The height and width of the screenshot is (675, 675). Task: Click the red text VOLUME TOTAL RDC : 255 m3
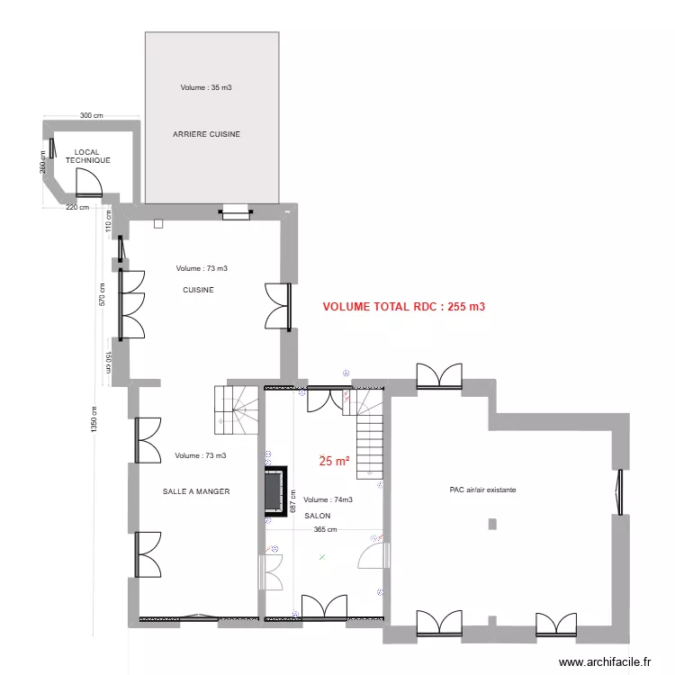[x=404, y=307]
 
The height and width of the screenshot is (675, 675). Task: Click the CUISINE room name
[x=198, y=290]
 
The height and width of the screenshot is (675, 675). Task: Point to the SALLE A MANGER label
[x=196, y=491]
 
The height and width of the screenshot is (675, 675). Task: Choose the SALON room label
[x=317, y=516]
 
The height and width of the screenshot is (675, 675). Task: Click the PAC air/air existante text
[x=483, y=490]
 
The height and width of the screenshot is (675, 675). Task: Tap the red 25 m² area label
[x=335, y=461]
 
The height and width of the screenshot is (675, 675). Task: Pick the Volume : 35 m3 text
[x=206, y=88]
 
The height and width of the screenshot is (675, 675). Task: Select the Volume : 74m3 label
[x=328, y=499]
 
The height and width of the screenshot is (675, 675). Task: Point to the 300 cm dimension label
[x=91, y=116]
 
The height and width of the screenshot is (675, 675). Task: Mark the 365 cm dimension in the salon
[x=326, y=530]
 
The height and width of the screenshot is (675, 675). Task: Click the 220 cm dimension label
[x=77, y=208]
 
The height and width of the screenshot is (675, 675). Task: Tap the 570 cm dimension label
[x=103, y=294]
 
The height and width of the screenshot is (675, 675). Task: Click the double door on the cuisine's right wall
[x=276, y=306]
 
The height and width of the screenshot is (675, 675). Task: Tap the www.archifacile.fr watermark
[x=605, y=661]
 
